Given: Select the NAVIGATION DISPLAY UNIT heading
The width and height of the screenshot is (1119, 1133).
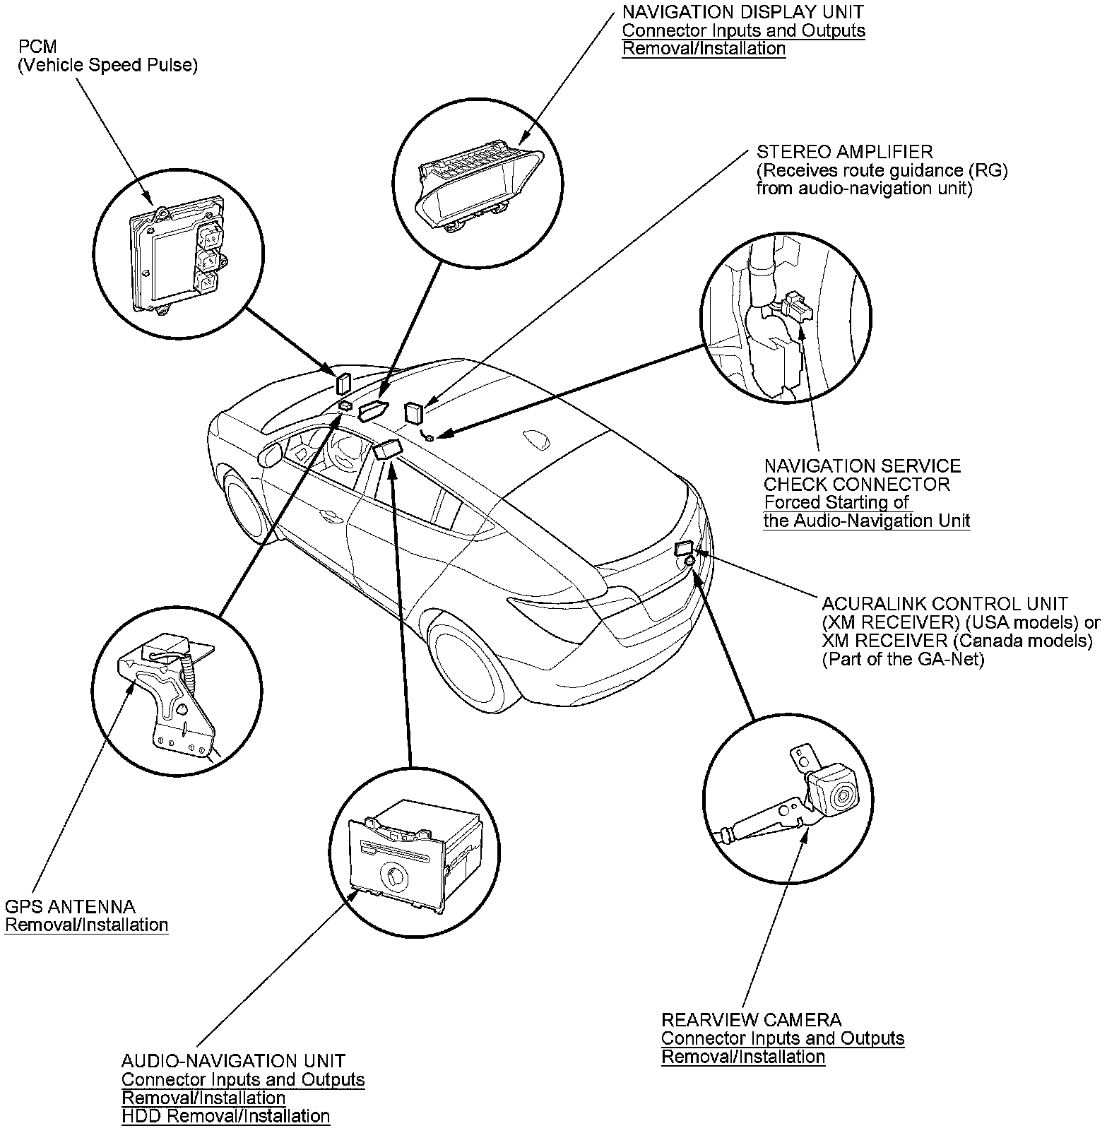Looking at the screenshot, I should coord(742,12).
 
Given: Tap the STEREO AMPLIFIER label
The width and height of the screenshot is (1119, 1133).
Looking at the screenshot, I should coord(844,152).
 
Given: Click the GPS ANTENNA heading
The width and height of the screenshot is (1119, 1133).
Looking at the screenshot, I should coord(70,906).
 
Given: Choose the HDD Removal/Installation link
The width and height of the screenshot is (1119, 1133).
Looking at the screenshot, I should coord(225,1116).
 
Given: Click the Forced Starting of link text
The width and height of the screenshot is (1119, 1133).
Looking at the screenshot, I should coord(836,503).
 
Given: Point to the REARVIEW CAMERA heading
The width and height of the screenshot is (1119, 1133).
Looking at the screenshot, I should coord(751,1020).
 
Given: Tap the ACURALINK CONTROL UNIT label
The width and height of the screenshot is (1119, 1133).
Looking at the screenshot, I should coord(945,604).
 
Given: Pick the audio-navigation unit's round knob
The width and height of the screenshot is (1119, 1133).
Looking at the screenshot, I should coord(392,876).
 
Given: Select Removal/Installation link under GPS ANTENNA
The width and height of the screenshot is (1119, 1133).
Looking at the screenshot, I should coord(86,925).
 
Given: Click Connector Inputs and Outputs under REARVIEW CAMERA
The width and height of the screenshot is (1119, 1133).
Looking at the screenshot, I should coord(783,1038).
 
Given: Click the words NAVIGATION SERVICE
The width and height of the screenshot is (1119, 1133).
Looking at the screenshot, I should coord(862,466).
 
